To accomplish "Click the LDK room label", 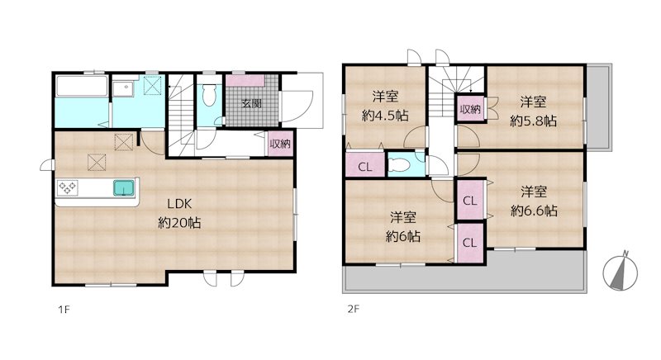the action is [179, 204].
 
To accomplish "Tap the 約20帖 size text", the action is [179, 222].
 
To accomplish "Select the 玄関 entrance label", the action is [252, 103].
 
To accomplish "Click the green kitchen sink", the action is [125, 187].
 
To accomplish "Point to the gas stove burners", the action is [68, 187].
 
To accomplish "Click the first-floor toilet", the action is [209, 95].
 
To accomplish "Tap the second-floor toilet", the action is [398, 164].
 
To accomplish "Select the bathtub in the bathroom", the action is [81, 87].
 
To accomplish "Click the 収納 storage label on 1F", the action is [280, 144].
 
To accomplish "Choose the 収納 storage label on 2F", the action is [470, 110].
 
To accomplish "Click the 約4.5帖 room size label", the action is [385, 116].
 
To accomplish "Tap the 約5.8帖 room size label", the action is [533, 121].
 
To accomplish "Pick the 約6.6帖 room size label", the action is [534, 211].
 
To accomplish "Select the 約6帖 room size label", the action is [403, 236].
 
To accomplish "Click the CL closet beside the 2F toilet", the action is [365, 167].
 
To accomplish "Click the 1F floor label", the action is [64, 310].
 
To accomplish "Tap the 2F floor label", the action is [354, 310].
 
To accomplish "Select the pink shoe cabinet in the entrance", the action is [245, 80].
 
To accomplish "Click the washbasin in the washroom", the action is [123, 88].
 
